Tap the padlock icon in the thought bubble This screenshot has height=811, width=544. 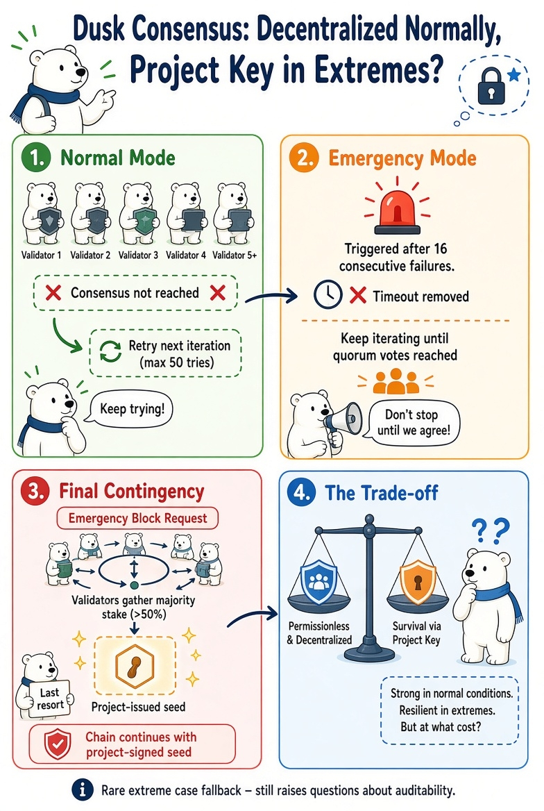point(491,85)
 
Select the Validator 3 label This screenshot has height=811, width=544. point(139,255)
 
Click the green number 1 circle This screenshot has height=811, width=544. point(37,158)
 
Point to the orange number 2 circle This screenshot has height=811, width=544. point(303,158)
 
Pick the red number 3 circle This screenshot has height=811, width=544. point(35,491)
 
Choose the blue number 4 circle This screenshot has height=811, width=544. point(301,492)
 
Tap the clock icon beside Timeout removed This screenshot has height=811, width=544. point(328,295)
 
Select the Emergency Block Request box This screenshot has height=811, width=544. point(137,518)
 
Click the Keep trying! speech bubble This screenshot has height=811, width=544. point(132,409)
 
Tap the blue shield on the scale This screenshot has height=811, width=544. point(318,581)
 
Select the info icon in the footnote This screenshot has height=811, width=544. point(82,789)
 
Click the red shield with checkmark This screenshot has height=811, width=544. point(58,744)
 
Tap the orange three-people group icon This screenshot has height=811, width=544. point(396,382)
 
